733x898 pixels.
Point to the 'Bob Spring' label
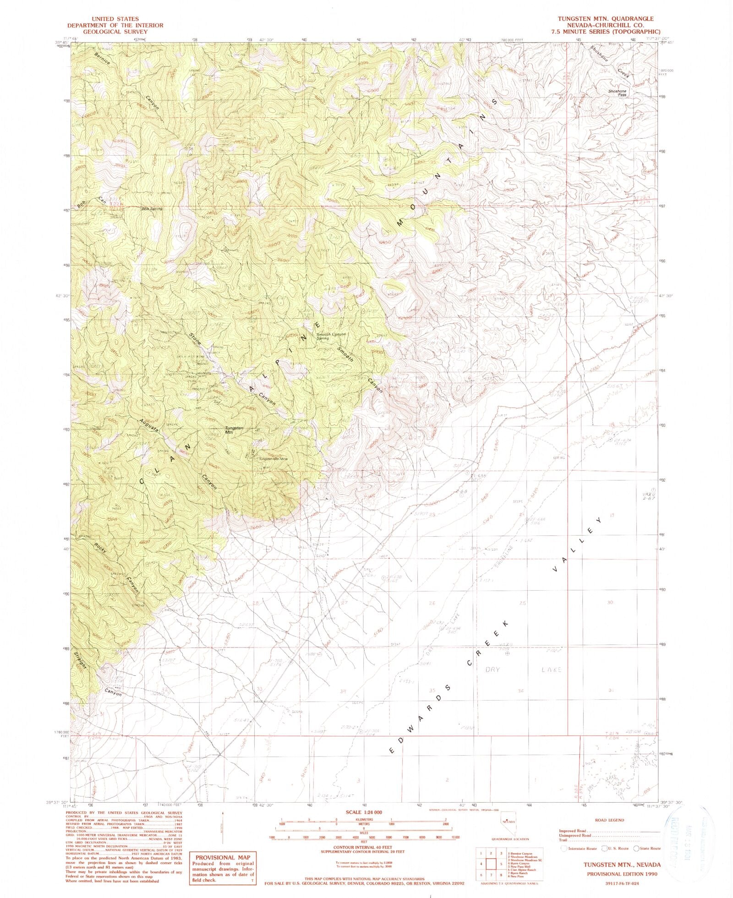pyautogui.click(x=152, y=209)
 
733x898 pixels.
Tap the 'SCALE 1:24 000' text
pyautogui.click(x=365, y=812)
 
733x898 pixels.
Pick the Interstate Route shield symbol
pyautogui.click(x=563, y=849)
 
